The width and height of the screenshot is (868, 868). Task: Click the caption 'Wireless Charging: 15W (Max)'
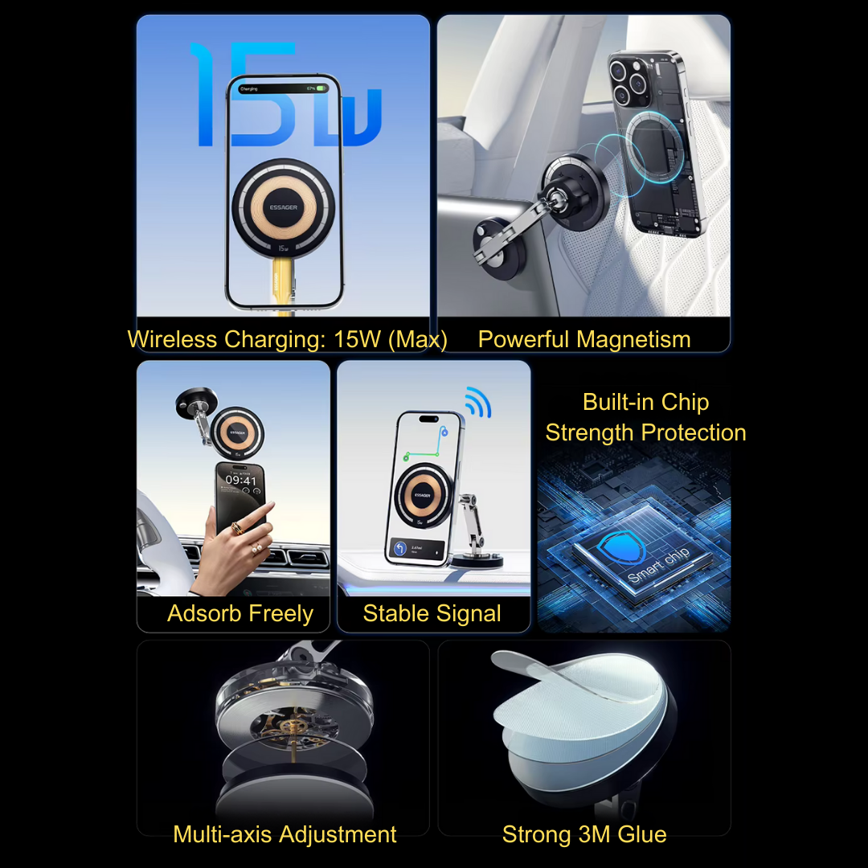point(287,339)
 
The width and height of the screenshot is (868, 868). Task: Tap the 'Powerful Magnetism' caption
point(584,339)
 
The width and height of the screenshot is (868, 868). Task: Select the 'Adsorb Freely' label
point(240,614)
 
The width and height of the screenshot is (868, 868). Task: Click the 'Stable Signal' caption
point(432,614)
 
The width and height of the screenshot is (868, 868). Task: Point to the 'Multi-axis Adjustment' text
point(285,834)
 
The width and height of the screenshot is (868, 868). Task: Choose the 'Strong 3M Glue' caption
point(584,834)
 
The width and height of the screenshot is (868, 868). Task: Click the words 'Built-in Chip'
point(645,402)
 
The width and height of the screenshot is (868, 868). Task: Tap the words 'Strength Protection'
point(645,432)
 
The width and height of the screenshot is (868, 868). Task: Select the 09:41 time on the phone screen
point(241,481)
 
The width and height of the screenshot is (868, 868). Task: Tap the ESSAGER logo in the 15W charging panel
point(283,207)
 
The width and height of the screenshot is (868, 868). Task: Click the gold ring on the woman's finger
point(235,528)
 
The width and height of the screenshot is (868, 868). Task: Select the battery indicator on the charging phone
point(321,88)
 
